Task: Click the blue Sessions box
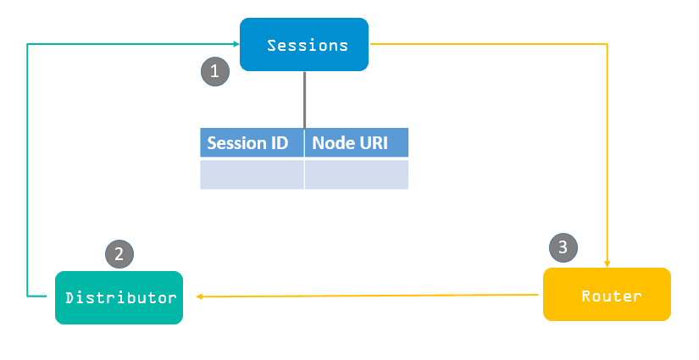pos(304,44)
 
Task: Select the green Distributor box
pos(119,297)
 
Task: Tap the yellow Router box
pos(607,294)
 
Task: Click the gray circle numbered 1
pos(214,71)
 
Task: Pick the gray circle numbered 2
pos(119,252)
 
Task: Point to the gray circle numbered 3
pos(563,247)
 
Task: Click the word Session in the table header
pos(236,142)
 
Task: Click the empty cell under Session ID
pos(252,174)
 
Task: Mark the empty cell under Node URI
pos(356,174)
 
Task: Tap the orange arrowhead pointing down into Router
pos(607,262)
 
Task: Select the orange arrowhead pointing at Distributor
pos(201,296)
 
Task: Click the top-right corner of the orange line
pos(607,43)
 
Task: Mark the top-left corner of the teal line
pos(27,43)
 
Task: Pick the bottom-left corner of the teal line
pos(27,296)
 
